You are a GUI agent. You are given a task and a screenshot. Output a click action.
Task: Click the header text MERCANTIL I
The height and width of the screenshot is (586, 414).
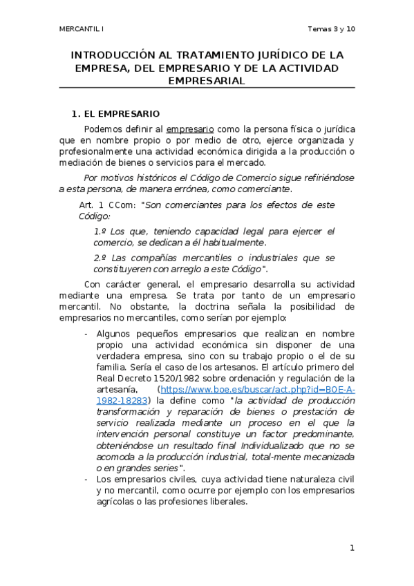click(79, 29)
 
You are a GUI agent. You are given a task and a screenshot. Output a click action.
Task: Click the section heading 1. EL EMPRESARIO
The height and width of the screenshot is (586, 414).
click(116, 113)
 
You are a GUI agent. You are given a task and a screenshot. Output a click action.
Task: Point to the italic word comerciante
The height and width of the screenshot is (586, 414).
click(263, 188)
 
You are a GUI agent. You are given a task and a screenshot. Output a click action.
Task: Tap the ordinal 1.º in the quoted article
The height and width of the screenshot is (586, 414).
click(100, 231)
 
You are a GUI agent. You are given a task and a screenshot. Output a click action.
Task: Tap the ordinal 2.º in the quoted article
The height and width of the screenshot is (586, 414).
click(100, 258)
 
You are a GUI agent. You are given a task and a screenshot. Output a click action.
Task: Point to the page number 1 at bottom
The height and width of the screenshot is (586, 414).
click(352, 548)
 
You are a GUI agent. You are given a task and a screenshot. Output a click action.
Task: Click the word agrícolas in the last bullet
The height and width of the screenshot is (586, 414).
click(113, 501)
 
